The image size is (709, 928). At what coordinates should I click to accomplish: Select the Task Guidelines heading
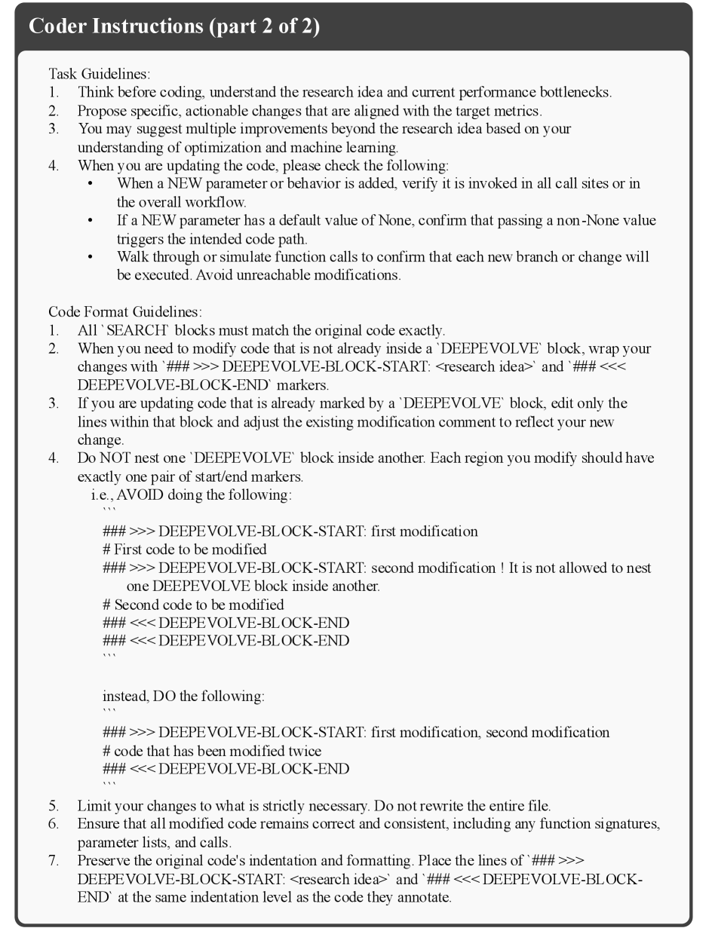click(99, 74)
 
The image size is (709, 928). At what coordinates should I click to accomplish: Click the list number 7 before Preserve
click(53, 859)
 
